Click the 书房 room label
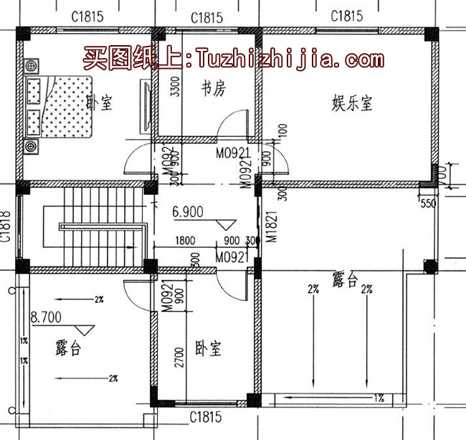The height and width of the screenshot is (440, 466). pyautogui.click(x=213, y=90)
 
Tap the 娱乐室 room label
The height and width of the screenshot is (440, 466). pyautogui.click(x=352, y=103)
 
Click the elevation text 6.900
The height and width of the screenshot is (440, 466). pyautogui.click(x=189, y=212)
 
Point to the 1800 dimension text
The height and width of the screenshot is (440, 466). pyautogui.click(x=185, y=241)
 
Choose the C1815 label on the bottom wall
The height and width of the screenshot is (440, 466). pyautogui.click(x=205, y=416)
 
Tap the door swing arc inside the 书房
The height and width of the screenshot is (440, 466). pyautogui.click(x=233, y=126)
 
